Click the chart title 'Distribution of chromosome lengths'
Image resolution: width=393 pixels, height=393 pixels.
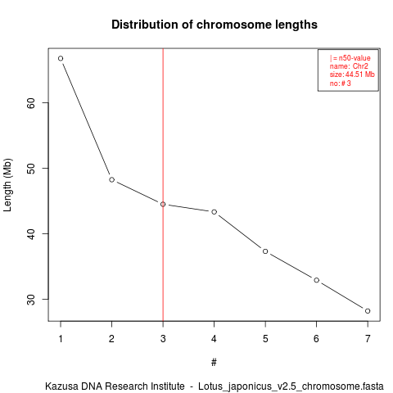click(x=215, y=25)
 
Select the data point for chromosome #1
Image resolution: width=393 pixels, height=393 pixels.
click(x=61, y=58)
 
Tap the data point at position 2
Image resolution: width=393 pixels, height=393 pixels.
click(x=111, y=179)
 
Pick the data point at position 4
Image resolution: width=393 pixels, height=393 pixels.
click(x=215, y=212)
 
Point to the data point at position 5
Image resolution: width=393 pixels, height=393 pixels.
click(x=265, y=251)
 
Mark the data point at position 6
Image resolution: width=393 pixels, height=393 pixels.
click(x=317, y=280)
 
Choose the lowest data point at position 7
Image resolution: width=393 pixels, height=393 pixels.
click(x=368, y=311)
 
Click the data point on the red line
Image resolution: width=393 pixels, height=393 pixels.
click(x=163, y=204)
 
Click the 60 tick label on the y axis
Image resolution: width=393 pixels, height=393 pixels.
click(x=31, y=103)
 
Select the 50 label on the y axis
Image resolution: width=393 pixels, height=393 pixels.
click(x=31, y=168)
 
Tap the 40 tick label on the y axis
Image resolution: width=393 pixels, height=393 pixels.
click(x=31, y=233)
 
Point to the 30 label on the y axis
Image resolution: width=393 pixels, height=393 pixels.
click(x=31, y=299)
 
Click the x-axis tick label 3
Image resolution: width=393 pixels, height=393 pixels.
click(x=163, y=339)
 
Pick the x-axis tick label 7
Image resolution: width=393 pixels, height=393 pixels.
click(x=368, y=339)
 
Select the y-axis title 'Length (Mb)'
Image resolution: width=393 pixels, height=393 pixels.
click(x=7, y=185)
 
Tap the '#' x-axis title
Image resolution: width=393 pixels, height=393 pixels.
click(x=214, y=363)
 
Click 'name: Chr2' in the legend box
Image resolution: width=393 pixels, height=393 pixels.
click(x=349, y=66)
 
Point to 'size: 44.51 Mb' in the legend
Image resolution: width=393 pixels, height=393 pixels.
click(x=352, y=75)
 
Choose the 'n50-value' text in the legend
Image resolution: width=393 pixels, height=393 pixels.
click(x=355, y=58)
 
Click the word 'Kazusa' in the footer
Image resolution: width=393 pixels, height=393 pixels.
click(x=59, y=386)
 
